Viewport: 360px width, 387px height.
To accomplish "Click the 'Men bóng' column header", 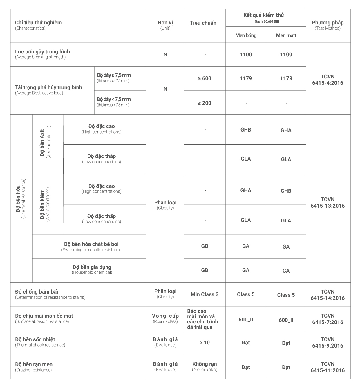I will (246, 35).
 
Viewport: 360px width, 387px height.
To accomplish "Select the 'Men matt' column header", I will (286, 35).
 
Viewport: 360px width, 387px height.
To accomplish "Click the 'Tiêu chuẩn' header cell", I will (203, 23).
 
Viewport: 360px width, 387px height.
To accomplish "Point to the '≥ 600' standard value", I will (205, 78).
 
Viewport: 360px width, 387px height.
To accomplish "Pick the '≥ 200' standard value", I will (205, 103).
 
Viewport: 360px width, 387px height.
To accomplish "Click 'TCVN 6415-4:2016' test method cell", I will (328, 80).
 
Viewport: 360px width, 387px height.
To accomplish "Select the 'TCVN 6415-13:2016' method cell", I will (328, 203).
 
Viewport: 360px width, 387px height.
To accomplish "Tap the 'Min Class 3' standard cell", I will (205, 294).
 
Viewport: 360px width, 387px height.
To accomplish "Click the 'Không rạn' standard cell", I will (205, 366).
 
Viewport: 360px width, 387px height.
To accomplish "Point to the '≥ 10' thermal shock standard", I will (205, 343).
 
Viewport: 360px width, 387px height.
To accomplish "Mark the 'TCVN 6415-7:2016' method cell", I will (328, 319).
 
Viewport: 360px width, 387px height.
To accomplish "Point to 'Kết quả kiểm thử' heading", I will (264, 15).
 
